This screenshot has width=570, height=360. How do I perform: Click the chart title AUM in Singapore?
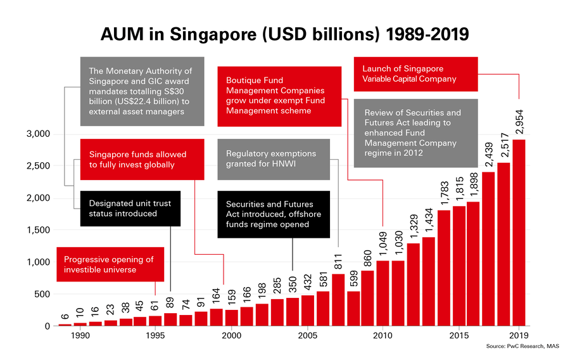[x=285, y=34]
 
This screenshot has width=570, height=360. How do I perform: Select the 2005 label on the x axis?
[x=307, y=336]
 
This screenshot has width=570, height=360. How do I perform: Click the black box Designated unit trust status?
[x=130, y=209]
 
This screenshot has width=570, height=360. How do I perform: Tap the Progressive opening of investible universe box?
[x=113, y=264]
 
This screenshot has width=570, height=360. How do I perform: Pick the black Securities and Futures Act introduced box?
[x=273, y=214]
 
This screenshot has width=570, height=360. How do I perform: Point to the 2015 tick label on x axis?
[x=459, y=336]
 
